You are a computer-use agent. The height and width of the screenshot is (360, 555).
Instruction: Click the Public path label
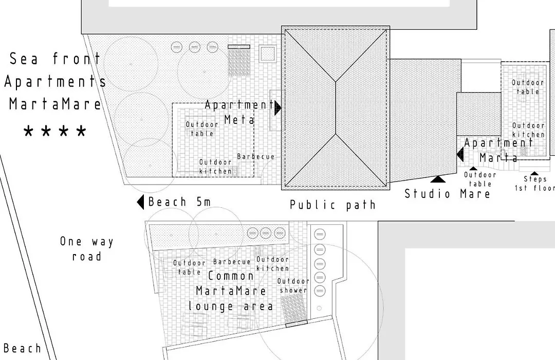click(x=332, y=205)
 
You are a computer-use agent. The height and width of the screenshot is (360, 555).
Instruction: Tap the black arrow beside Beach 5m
click(x=140, y=202)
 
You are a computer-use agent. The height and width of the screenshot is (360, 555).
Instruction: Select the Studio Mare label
click(x=448, y=194)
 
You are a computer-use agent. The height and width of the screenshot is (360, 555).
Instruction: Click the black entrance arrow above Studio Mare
click(x=438, y=179)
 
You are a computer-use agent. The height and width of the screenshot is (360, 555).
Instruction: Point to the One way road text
click(x=87, y=249)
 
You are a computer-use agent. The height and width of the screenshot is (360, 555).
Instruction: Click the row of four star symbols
click(x=55, y=132)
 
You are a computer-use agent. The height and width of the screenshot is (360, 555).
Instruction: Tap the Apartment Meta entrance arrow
click(x=278, y=107)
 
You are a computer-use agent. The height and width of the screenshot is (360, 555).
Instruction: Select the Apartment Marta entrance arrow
click(x=460, y=155)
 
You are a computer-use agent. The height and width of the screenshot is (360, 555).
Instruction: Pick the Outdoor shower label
click(x=293, y=285)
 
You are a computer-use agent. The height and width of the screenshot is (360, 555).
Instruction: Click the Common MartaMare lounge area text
click(x=231, y=291)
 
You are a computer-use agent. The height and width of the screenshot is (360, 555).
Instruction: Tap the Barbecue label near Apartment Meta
click(x=255, y=157)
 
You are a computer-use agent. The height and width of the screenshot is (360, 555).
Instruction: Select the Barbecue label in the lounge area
click(x=232, y=262)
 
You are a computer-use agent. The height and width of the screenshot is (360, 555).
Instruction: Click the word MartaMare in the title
click(x=55, y=104)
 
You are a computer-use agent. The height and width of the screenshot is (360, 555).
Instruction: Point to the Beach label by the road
click(x=22, y=348)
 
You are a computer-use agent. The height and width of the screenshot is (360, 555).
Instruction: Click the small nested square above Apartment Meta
click(x=268, y=54)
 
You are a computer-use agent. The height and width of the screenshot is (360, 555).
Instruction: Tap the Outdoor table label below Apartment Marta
click(x=480, y=179)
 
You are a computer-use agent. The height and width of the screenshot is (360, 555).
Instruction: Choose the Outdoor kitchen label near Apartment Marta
click(x=528, y=130)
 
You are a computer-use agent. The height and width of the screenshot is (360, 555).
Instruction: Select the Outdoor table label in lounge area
click(x=189, y=267)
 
